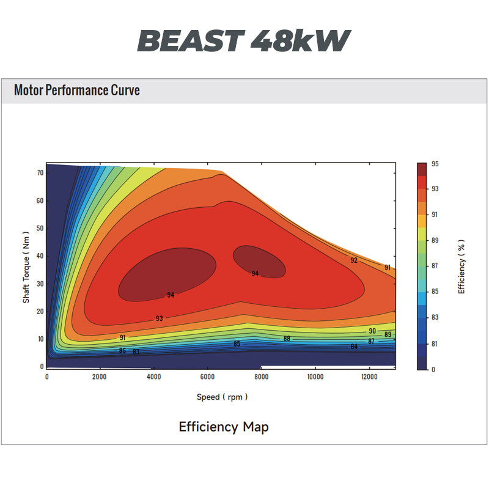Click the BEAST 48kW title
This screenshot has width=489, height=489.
[244, 41]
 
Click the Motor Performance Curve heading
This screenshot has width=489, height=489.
[77, 91]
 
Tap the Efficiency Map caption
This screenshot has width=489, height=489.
[223, 426]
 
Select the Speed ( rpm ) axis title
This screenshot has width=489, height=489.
[222, 397]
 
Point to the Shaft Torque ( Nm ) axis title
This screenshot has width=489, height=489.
[26, 267]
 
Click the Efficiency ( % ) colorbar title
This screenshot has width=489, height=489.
[461, 267]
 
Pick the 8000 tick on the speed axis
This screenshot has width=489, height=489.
[262, 377]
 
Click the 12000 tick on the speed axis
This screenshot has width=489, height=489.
[369, 377]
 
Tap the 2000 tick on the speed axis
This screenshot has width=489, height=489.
[100, 377]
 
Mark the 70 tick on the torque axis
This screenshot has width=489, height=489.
[39, 173]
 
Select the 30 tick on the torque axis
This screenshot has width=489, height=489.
[39, 284]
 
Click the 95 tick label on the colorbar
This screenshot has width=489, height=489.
[435, 164]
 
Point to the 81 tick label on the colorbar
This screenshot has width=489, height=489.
[435, 344]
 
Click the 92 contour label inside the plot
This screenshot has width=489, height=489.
[354, 260]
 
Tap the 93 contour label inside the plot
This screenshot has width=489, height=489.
[159, 318]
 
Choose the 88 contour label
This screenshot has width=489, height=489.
[287, 339]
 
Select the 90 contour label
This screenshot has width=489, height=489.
[372, 331]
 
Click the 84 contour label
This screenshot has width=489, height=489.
[354, 347]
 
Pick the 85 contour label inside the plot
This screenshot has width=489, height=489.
[237, 344]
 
